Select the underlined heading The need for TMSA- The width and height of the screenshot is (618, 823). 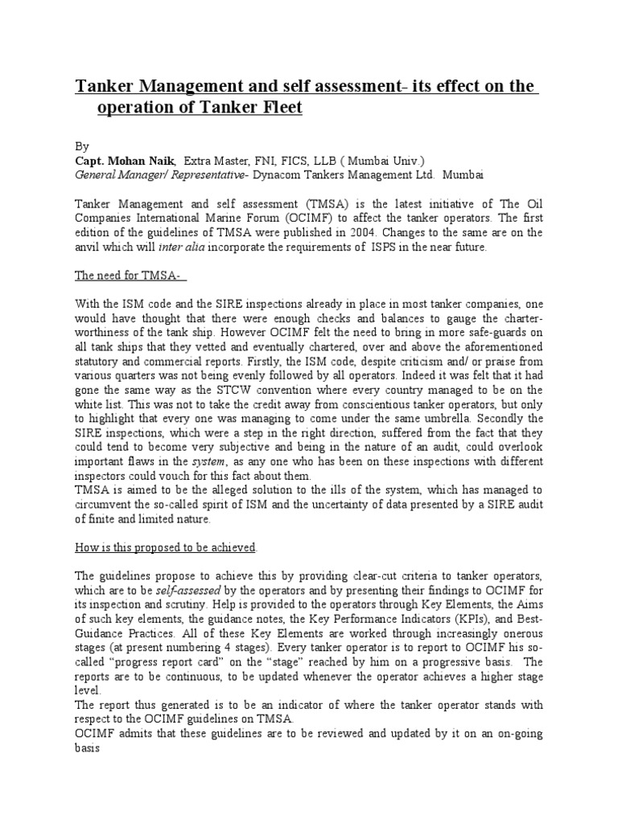[130, 275]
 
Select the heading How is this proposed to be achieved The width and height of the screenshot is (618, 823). [166, 547]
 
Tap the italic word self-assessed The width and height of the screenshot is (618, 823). [192, 590]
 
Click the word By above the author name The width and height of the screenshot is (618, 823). [81, 147]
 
